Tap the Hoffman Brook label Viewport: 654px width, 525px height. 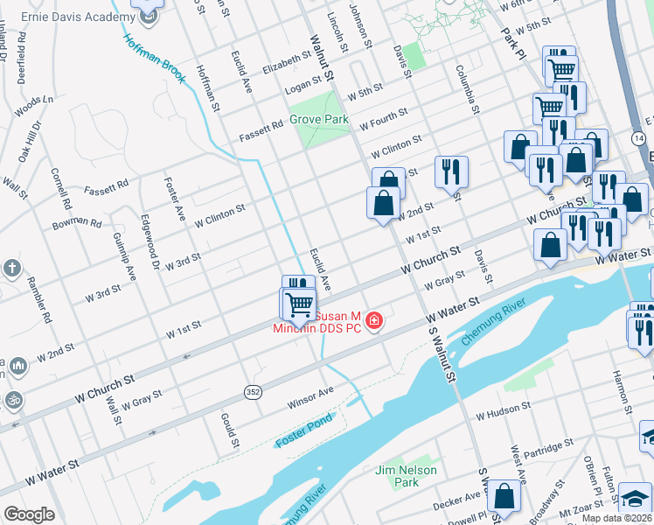154,59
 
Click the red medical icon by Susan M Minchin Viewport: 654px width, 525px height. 374,321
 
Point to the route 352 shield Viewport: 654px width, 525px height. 253,391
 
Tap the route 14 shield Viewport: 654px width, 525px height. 638,139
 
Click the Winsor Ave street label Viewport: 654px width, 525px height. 310,397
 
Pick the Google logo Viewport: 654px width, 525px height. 29,514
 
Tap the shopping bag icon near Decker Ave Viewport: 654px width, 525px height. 504,496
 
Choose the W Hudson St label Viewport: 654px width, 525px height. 504,409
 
